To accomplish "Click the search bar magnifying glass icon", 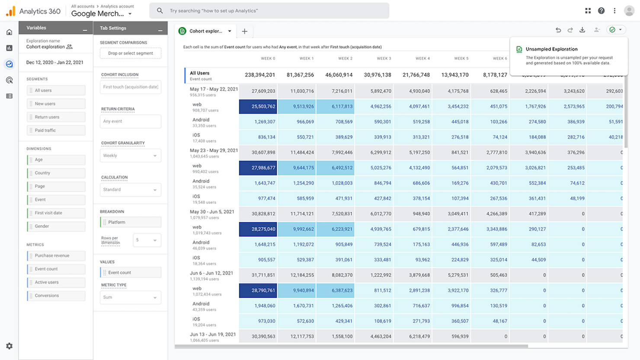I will (x=160, y=11).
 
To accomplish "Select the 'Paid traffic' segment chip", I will (x=56, y=130).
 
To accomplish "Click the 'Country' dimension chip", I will (x=56, y=173).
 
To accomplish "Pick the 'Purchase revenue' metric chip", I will (x=56, y=256).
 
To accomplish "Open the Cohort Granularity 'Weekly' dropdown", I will (x=131, y=156).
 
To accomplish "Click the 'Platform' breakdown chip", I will (x=131, y=222).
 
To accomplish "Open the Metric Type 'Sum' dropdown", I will (x=131, y=297).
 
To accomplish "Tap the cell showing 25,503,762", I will (x=258, y=106).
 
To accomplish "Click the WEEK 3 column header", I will (x=384, y=58).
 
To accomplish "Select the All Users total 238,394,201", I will (x=260, y=75).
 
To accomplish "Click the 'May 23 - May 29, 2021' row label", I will (x=214, y=151).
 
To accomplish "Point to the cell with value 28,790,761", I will (x=258, y=290).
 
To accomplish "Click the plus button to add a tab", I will (x=244, y=31).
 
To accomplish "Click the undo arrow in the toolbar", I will (x=558, y=30).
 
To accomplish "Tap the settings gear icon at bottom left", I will (x=9, y=346).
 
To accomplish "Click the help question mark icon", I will (x=601, y=11).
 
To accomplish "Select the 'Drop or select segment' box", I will (x=131, y=53).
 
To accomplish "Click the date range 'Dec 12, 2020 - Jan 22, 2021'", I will (x=55, y=62).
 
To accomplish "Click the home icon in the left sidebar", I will (x=9, y=32).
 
